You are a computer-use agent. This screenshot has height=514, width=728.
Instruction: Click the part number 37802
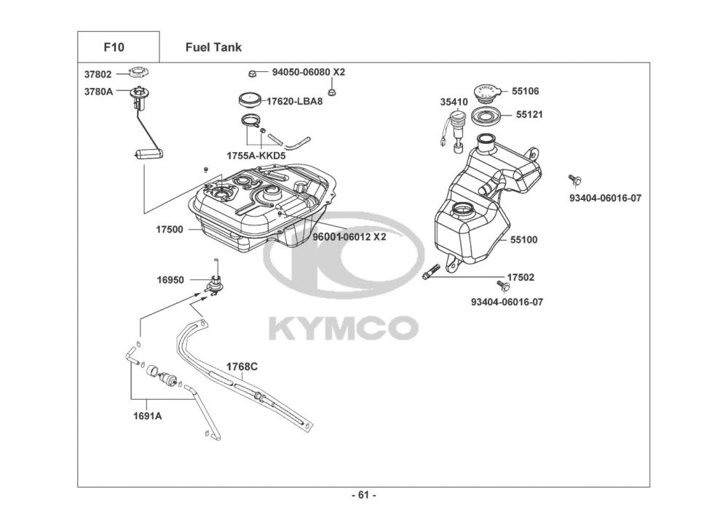98,74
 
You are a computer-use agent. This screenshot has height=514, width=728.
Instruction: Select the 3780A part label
98,92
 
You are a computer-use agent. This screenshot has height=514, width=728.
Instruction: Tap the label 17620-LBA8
294,101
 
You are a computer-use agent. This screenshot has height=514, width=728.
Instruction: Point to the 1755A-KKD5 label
256,156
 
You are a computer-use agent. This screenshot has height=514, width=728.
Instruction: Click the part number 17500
170,230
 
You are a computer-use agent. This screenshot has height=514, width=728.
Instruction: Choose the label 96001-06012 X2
349,237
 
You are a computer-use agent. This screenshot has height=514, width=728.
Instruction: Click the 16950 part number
170,280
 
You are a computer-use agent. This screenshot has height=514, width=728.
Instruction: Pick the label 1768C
242,366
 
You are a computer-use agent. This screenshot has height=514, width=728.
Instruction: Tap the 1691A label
148,416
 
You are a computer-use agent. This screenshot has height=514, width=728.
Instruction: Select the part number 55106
526,92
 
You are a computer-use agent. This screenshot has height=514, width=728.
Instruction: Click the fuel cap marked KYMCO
487,92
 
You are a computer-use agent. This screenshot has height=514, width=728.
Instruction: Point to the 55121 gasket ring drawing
487,116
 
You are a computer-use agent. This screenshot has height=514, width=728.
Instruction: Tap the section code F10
114,47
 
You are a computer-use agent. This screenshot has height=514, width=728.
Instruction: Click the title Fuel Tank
213,47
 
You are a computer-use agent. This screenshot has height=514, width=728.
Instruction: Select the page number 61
363,495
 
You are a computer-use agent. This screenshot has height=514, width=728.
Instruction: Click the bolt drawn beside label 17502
431,272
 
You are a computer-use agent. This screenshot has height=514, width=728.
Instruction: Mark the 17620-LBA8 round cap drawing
250,100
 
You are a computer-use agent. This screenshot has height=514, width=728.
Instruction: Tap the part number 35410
454,103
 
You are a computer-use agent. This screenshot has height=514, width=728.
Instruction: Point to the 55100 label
524,240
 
